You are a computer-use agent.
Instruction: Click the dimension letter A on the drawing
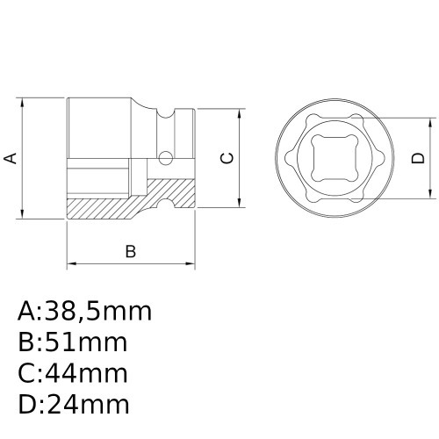[11, 158]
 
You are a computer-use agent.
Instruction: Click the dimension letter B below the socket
[130, 252]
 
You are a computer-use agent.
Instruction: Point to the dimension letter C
[227, 158]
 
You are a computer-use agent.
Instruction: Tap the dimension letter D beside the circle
[418, 158]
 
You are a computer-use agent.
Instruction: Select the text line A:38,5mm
[84, 312]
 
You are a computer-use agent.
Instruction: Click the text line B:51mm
[72, 343]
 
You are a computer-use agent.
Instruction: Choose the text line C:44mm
[73, 374]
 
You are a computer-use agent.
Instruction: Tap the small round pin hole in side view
[164, 158]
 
